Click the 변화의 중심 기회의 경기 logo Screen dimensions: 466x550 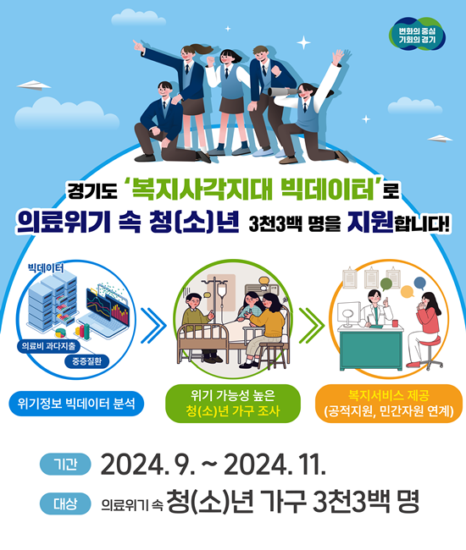tap(417, 35)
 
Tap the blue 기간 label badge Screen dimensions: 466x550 tap(65, 464)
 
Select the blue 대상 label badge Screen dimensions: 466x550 tap(65, 503)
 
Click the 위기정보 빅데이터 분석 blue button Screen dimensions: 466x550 tap(76, 404)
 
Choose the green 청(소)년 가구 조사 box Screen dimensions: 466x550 tap(233, 404)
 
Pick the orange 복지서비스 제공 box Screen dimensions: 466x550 tap(389, 404)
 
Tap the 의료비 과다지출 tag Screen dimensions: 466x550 tap(48, 346)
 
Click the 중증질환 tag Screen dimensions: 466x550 tap(86, 361)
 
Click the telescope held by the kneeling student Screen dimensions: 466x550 tap(284, 91)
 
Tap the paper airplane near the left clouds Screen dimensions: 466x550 tap(34, 85)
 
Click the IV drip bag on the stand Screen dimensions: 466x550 tap(222, 291)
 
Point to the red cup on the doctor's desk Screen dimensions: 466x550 tap(396, 323)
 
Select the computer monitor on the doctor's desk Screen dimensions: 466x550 tap(349, 314)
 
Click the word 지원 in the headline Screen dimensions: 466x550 tap(370, 222)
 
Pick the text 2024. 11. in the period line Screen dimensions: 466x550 tap(275, 465)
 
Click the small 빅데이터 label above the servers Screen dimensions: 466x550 tap(46, 268)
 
